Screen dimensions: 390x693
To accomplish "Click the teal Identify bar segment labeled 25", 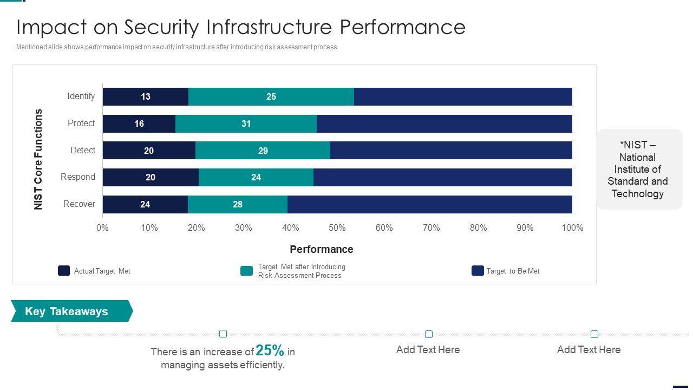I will tap(271, 96).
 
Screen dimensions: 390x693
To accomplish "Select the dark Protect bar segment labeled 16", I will tap(139, 123).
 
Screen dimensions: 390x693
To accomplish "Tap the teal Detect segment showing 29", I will tap(263, 151).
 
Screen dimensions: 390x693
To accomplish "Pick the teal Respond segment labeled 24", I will tap(256, 177).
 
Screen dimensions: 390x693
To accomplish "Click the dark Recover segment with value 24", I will tap(145, 204).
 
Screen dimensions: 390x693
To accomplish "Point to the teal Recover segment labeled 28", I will tap(238, 204).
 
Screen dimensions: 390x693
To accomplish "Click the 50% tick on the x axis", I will tap(337, 228).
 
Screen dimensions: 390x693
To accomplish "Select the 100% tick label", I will tap(572, 228).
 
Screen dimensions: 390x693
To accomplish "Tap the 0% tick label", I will tap(102, 228).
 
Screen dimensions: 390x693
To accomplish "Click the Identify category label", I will tap(81, 96).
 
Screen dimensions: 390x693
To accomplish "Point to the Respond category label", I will tap(78, 177).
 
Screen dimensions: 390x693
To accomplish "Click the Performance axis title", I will tap(322, 249).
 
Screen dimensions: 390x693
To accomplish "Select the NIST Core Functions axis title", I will tap(38, 159).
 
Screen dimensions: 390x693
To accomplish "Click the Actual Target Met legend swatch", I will tap(64, 271).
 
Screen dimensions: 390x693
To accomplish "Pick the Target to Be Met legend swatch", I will tap(478, 271).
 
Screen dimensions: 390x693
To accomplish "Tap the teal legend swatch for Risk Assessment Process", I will tap(247, 271).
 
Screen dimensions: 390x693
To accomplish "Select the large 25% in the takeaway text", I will tap(270, 350).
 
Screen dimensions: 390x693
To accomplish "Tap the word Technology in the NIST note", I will tap(637, 193).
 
